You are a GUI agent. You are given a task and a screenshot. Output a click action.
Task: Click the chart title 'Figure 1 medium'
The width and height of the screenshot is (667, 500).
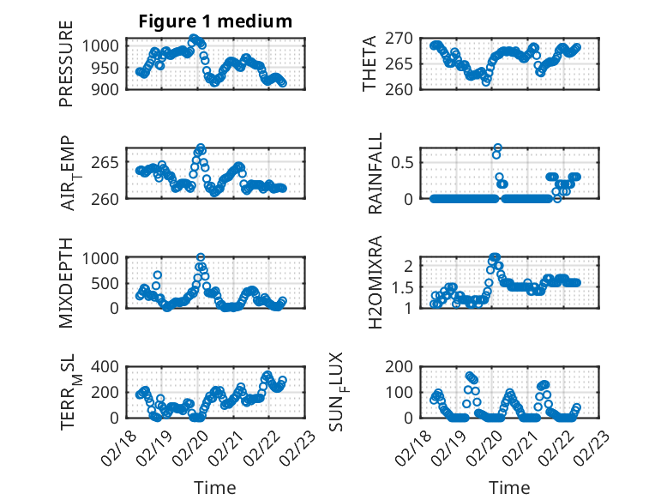215,21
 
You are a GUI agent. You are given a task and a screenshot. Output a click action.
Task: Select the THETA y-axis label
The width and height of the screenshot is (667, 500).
370,63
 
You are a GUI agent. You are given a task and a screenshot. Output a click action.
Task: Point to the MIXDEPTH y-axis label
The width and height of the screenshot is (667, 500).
66,282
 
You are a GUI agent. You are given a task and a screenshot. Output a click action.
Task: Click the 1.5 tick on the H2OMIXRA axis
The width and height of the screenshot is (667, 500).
409,287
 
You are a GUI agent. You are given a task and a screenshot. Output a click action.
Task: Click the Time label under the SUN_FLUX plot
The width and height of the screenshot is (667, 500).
509,488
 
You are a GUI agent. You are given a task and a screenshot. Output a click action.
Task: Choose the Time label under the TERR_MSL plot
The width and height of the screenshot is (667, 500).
216,488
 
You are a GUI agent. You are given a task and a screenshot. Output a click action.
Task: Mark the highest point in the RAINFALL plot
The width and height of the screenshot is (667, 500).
497,148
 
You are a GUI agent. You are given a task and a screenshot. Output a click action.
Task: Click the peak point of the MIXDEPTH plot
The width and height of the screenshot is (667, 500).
201,257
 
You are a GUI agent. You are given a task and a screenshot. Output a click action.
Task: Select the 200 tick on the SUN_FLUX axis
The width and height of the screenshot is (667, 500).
409,366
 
